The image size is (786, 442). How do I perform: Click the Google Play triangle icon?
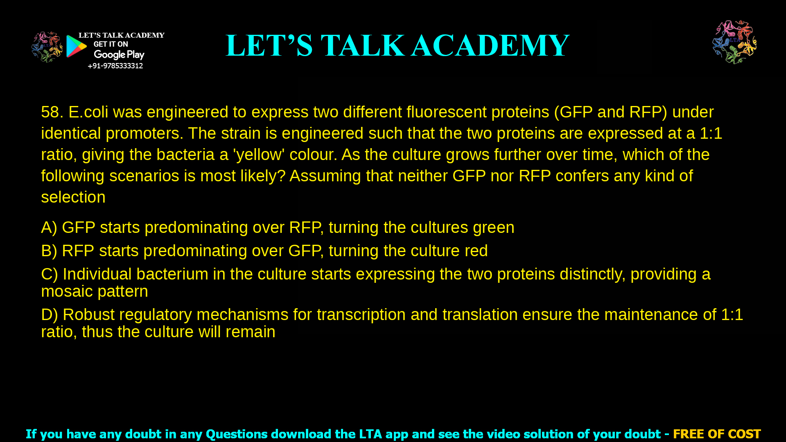click(x=76, y=46)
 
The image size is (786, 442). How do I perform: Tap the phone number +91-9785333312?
click(x=115, y=66)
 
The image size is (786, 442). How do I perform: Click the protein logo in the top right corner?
click(x=734, y=42)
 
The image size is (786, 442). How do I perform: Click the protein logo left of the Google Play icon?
click(x=47, y=47)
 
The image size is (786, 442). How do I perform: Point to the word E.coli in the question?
click(x=88, y=112)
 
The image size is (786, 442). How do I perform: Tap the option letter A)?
click(x=49, y=228)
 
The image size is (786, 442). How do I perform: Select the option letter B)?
click(x=49, y=251)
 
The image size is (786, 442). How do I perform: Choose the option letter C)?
click(x=50, y=274)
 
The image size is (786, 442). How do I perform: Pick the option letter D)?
click(x=50, y=315)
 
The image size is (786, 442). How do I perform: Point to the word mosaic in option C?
click(x=67, y=291)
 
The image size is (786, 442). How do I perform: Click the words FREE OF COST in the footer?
click(x=716, y=434)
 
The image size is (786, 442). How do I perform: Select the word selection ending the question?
click(x=73, y=197)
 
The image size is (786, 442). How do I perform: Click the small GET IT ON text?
click(x=111, y=44)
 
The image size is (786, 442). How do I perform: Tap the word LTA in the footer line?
click(x=368, y=434)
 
